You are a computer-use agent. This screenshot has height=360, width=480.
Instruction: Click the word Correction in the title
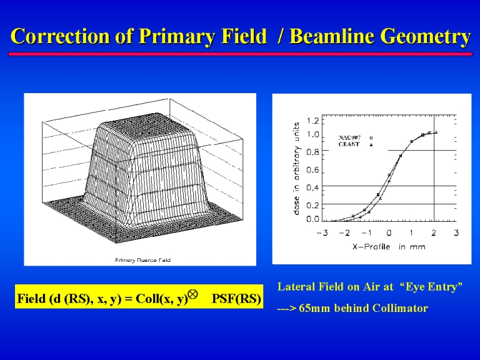click(x=61, y=36)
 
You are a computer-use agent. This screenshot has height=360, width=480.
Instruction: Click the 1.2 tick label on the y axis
click(x=312, y=121)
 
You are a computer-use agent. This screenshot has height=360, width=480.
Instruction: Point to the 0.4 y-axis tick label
click(x=312, y=187)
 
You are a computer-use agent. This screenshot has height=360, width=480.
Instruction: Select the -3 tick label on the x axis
click(x=322, y=233)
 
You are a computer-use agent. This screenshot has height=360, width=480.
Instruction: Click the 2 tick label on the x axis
click(x=434, y=233)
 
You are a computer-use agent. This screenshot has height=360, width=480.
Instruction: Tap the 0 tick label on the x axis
click(x=389, y=233)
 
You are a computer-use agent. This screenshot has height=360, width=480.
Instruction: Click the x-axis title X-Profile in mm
click(x=389, y=247)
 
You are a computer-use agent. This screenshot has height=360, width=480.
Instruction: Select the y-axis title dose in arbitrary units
click(x=296, y=168)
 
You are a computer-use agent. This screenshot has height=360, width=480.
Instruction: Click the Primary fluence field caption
click(x=142, y=260)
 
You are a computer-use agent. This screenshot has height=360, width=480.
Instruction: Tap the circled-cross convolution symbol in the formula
click(x=192, y=294)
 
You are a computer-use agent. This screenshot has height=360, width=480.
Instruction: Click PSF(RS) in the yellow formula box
click(x=236, y=299)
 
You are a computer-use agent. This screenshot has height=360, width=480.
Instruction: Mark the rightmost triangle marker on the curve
click(x=436, y=132)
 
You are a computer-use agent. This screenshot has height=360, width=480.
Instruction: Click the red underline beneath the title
click(x=240, y=54)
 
